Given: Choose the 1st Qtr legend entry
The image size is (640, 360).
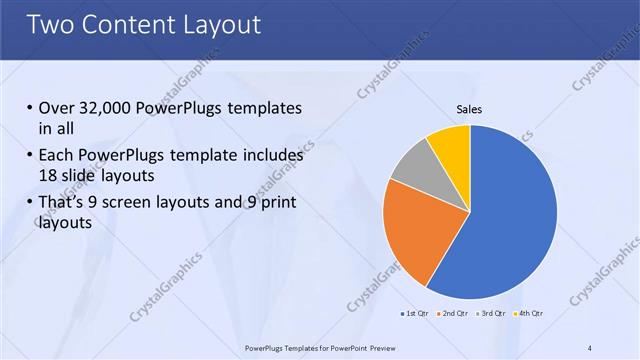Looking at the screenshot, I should click(x=417, y=315).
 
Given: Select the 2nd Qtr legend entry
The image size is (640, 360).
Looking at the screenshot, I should click(x=456, y=315).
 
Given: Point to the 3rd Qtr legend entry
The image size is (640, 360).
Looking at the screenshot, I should click(x=492, y=315).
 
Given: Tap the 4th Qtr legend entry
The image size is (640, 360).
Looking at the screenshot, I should click(x=529, y=315).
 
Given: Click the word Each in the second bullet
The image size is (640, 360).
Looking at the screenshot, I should click(x=56, y=156).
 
